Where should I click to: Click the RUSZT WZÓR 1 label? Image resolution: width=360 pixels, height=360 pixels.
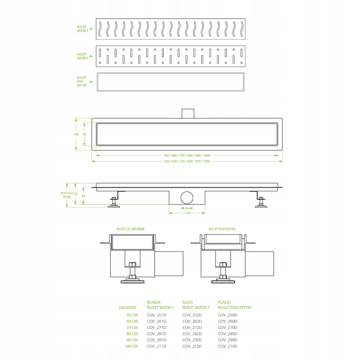tap(82, 29)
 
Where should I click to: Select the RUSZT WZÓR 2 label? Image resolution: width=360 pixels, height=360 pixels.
tap(82, 56)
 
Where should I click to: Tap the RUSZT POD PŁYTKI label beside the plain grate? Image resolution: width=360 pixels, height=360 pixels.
tap(82, 81)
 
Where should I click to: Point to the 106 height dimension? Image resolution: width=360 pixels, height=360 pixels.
tap(76, 134)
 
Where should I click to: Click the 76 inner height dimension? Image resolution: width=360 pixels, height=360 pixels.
tap(84, 134)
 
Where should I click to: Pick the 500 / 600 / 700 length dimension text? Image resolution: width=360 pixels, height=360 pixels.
tap(187, 155)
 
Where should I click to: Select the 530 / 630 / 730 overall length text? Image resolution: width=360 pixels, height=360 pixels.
tap(187, 161)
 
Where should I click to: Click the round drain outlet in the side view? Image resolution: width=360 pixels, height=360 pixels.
tap(187, 198)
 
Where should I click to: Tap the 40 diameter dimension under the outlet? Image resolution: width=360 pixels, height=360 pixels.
tap(187, 208)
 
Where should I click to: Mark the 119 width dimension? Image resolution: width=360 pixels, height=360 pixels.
tap(187, 213)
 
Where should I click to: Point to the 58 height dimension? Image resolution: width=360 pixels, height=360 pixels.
tap(83, 196)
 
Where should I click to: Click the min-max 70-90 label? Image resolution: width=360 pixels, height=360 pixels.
tap(67, 195)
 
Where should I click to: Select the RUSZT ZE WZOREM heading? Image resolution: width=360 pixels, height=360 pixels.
tap(130, 229)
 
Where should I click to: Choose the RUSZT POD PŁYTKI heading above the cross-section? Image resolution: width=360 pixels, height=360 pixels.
tap(222, 229)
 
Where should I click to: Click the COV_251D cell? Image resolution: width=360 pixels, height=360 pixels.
tap(157, 315)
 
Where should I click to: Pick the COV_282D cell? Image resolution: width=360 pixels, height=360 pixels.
tap(192, 334)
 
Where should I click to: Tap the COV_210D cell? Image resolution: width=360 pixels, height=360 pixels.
tap(228, 346)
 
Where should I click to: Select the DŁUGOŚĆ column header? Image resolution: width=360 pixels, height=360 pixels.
tap(128, 307)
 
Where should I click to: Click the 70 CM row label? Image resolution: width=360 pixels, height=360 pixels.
tap(132, 328)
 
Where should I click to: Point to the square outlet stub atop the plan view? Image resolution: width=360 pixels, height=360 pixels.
tap(188, 113)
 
